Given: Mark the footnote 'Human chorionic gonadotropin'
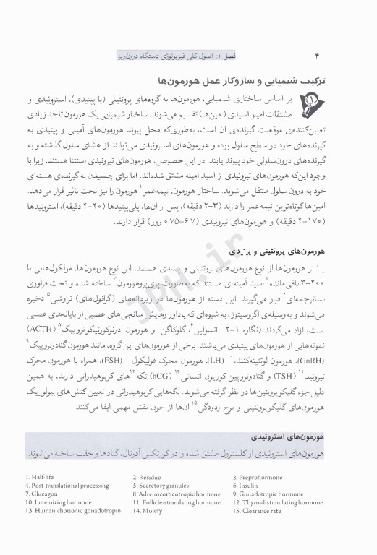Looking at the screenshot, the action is (69, 511).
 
